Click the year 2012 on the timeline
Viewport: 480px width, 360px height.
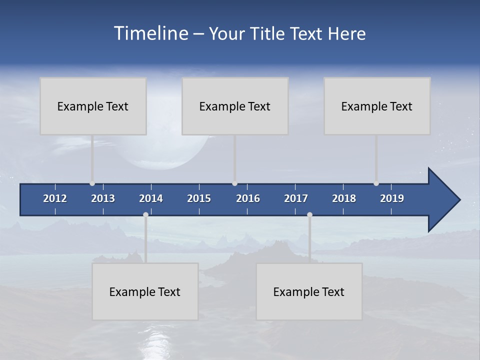(x=55, y=198)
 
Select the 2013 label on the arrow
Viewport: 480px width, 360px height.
(x=103, y=198)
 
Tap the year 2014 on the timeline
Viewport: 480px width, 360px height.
(x=151, y=198)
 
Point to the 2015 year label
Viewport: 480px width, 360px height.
(x=199, y=198)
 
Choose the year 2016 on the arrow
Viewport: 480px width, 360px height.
(x=248, y=198)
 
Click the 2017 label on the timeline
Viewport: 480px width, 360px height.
(x=296, y=198)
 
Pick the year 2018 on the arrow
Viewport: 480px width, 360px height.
(x=344, y=198)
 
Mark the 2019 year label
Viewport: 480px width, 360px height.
(x=392, y=198)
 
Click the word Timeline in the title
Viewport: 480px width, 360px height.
(x=150, y=33)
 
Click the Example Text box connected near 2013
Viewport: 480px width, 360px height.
(x=93, y=106)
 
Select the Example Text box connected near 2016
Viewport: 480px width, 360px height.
(x=235, y=106)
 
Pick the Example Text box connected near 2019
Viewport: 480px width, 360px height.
(x=377, y=106)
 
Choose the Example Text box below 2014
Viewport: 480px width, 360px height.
(x=145, y=291)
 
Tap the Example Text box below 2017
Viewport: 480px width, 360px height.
(x=309, y=291)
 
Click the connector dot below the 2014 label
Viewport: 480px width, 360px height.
(x=145, y=214)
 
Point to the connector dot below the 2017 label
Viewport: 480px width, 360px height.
(x=309, y=214)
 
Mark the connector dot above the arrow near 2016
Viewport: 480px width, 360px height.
(x=235, y=183)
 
